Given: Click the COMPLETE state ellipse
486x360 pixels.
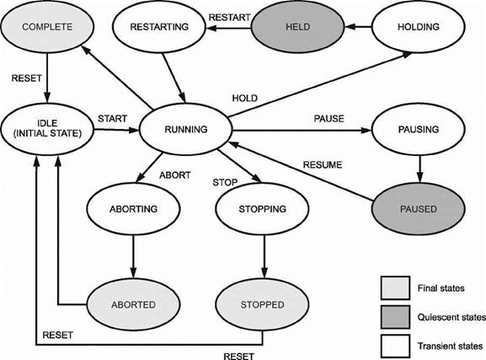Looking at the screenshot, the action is click(47, 27).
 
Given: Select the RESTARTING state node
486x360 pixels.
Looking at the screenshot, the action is click(159, 27).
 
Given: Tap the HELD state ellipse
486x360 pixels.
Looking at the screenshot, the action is click(297, 27).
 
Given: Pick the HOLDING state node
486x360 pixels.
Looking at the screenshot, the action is click(419, 27).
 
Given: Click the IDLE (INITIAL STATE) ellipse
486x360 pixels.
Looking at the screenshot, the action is click(47, 129).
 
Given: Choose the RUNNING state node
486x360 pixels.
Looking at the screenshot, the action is click(186, 129).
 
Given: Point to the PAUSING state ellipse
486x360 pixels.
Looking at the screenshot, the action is click(419, 129).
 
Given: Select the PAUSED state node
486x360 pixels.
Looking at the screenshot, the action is click(419, 209).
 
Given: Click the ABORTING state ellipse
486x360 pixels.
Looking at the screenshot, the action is click(133, 209).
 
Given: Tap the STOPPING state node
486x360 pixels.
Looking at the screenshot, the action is click(262, 209).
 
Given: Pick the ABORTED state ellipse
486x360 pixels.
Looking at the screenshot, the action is click(133, 304).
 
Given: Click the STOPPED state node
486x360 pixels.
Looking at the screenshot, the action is click(262, 304).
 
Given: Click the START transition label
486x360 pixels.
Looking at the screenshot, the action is click(113, 119).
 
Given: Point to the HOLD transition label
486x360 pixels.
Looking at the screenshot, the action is click(245, 99).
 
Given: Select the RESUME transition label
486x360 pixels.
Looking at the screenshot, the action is click(323, 164).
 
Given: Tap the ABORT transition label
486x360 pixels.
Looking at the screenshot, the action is click(175, 175).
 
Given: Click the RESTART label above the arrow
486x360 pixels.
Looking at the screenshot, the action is click(230, 18).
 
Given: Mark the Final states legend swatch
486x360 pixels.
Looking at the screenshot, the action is click(396, 288).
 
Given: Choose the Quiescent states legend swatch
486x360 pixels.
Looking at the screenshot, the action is click(396, 317).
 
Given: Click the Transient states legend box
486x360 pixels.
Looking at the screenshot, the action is click(396, 346).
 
